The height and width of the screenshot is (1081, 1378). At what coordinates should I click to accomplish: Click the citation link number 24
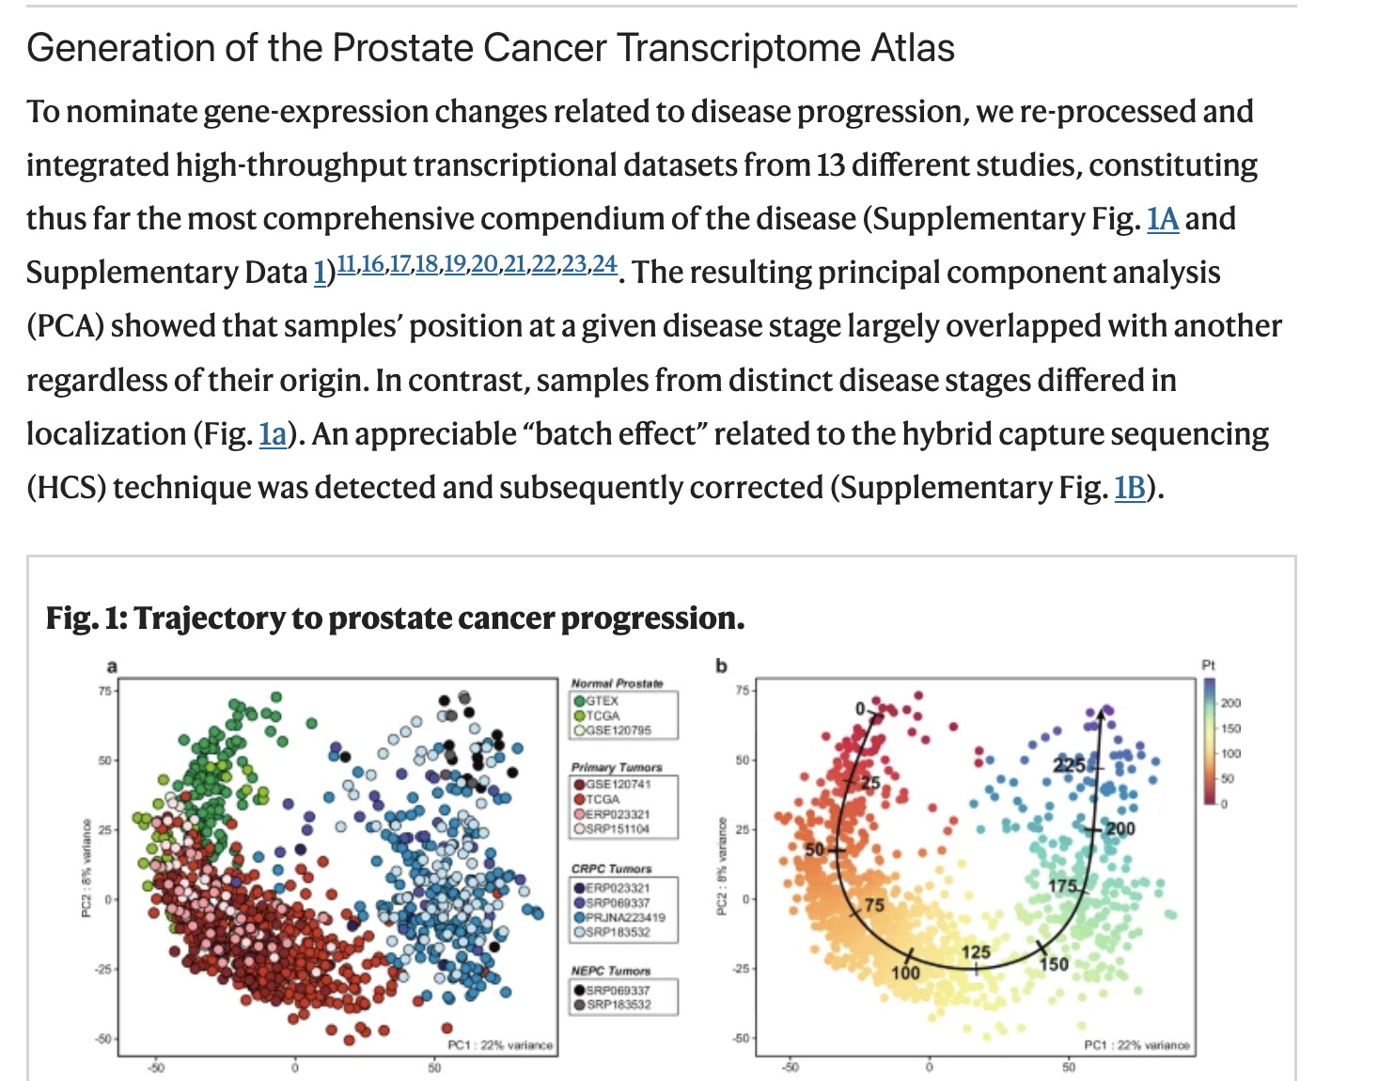[x=604, y=264]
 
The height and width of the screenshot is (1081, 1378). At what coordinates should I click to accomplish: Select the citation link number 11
[x=346, y=264]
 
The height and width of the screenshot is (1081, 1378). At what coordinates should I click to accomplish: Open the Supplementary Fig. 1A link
[x=1163, y=219]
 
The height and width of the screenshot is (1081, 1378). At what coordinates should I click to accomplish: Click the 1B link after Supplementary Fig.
[x=1129, y=488]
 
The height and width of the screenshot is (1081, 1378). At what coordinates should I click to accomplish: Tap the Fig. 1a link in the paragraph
[x=273, y=434]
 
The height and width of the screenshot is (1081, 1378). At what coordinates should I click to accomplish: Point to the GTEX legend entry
[x=602, y=700]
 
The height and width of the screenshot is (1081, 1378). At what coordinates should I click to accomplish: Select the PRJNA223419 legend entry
[x=624, y=917]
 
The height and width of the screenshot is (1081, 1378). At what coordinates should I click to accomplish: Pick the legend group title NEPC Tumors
[x=611, y=970]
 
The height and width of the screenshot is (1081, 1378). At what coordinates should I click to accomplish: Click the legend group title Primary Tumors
[x=617, y=767]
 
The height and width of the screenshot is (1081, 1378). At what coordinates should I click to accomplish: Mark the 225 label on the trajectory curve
[x=1069, y=764]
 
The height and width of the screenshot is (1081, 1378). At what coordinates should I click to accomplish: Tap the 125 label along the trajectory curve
[x=976, y=952]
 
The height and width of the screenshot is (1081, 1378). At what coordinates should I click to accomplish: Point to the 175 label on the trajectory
[x=1062, y=885]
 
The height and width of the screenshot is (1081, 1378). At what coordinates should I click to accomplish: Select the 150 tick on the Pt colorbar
[x=1230, y=728]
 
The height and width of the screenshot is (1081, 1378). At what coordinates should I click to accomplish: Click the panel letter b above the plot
[x=722, y=666]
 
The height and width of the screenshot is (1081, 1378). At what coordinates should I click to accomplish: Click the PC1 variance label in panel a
[x=500, y=1045]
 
